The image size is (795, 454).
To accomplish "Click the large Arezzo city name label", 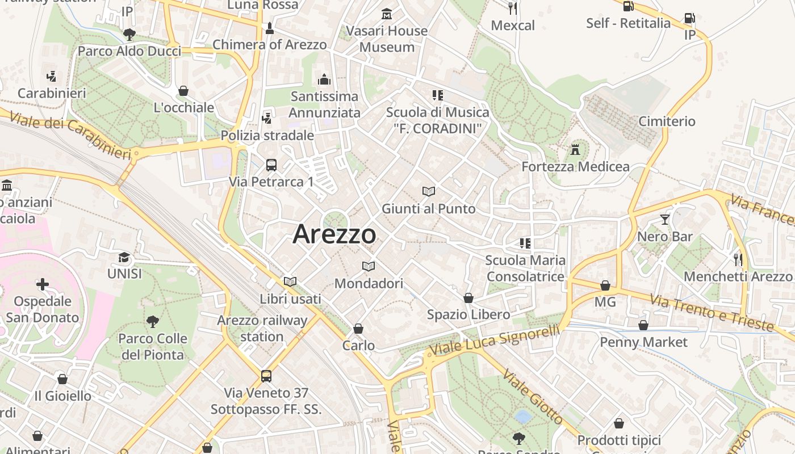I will point(334,234).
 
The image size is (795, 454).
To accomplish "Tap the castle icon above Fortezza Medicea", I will point(575,150).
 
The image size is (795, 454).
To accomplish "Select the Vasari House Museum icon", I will point(387,14).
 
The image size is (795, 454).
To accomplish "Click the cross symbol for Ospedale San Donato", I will point(43,284).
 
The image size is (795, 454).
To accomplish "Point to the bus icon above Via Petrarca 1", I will point(271,165).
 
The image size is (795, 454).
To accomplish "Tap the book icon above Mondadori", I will point(369,266).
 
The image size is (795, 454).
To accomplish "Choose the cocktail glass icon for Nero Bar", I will point(665,219).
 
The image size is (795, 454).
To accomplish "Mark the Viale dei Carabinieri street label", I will point(70,134).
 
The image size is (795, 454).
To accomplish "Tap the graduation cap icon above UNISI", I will point(124,257).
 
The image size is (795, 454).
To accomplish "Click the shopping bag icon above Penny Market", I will point(643,325).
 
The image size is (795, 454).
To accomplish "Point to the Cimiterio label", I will point(667,121).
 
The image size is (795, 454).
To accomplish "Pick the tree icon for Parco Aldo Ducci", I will point(129,34).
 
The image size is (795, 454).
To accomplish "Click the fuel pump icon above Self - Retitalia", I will point(628,6).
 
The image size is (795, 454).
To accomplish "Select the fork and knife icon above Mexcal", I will point(513,8).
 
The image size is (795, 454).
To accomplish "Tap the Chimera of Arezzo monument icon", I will point(270,28).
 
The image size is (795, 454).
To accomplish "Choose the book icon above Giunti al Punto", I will point(429,192).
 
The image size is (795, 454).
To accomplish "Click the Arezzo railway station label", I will point(262,328).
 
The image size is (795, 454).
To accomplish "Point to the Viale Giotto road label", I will point(533,398).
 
